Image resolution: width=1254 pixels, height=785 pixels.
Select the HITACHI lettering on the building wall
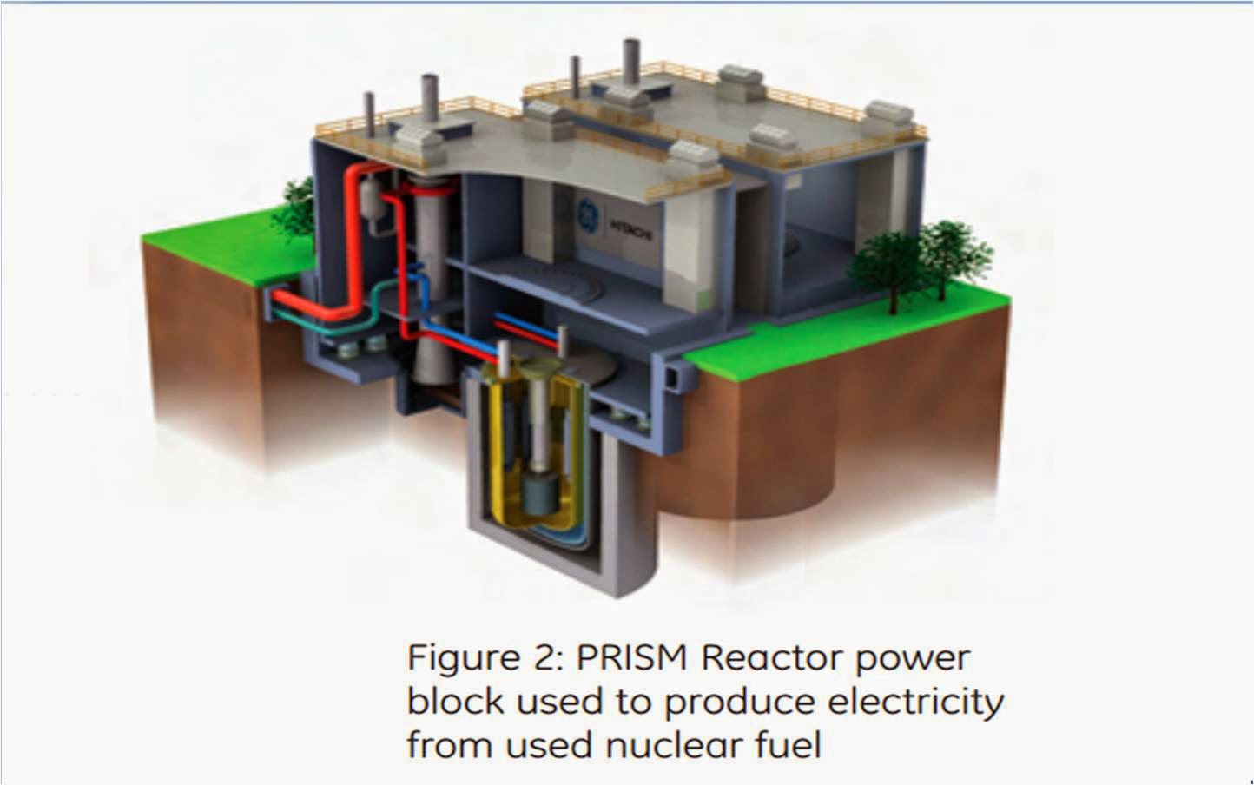[x=637, y=222]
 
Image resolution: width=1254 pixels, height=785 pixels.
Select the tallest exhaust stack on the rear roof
[x=574, y=76]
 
